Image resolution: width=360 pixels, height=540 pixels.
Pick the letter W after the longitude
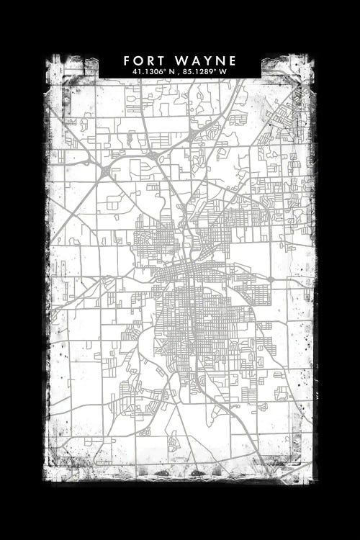224,72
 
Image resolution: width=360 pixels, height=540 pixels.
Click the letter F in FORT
127,60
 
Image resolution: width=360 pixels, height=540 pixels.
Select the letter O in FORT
139,60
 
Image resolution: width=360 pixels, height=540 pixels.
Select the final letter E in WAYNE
231,60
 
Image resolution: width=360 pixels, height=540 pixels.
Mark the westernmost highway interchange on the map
104,172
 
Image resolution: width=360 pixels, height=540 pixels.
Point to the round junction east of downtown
270,279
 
